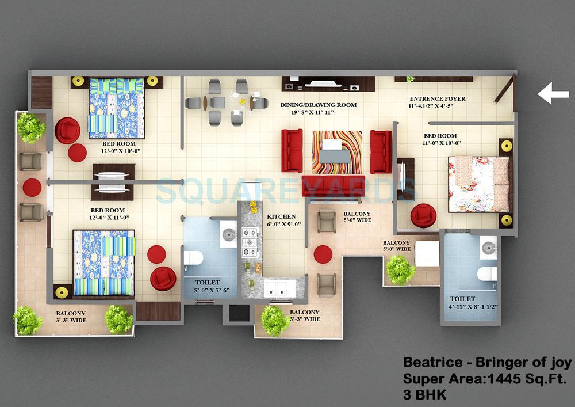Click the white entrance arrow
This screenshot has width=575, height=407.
pos(553,93)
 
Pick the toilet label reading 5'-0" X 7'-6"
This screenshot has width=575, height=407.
pos(208,287)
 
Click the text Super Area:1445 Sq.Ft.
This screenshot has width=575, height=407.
pos(485,379)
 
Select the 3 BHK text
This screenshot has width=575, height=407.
pos(424,395)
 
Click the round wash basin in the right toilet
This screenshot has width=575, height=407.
pos(489,247)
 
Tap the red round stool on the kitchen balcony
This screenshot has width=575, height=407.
pos(323,254)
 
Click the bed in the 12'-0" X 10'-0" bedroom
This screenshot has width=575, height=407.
pos(116,108)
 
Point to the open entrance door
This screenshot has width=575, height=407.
pos(504,89)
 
